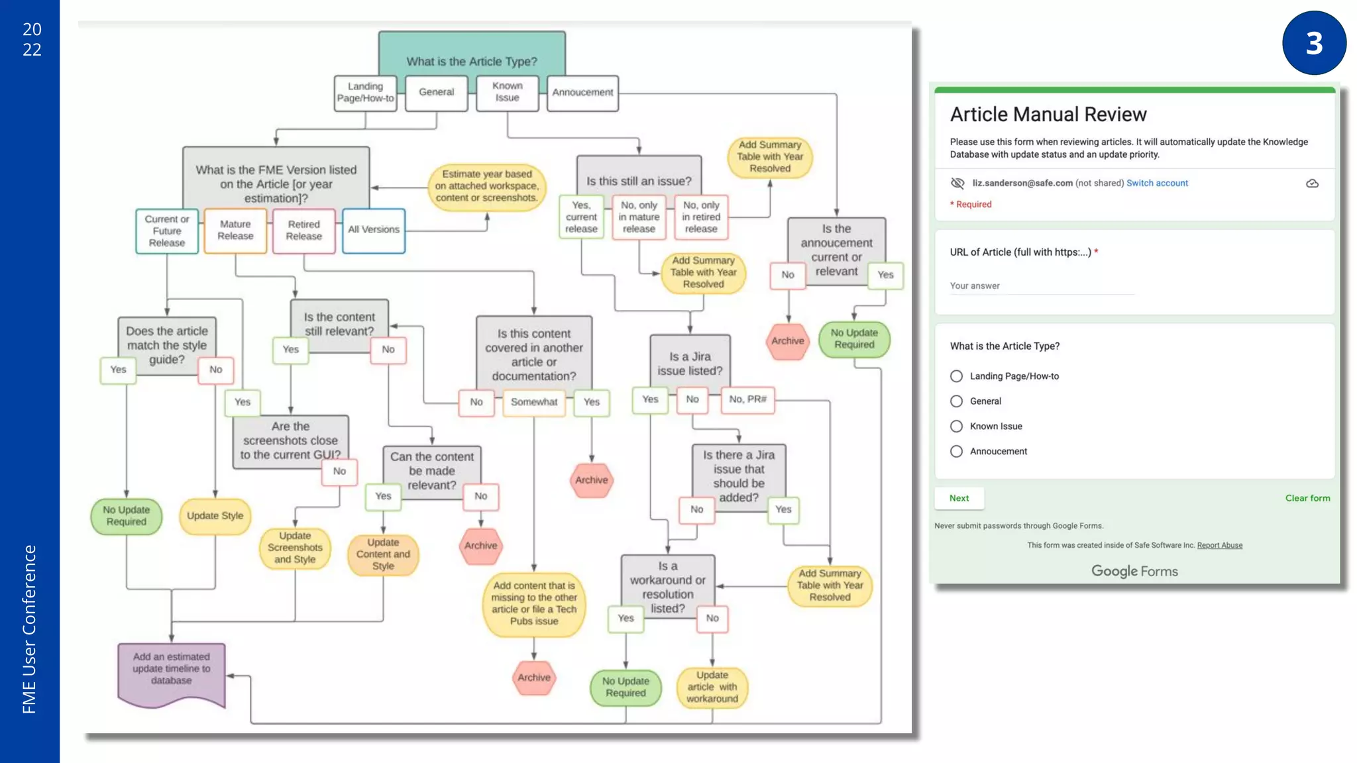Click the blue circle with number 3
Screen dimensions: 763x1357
click(x=1314, y=43)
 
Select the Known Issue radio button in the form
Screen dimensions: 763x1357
click(x=956, y=427)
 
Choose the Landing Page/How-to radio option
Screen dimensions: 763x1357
click(x=956, y=376)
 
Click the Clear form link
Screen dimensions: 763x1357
click(x=1307, y=498)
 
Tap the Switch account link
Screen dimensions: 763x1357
click(x=1157, y=183)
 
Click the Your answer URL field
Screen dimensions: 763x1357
click(x=1042, y=286)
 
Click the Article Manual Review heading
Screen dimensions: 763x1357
click(x=1048, y=115)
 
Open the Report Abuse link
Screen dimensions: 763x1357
click(x=1219, y=546)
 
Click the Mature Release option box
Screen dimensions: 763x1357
click(x=235, y=230)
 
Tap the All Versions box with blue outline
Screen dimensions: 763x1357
click(x=374, y=230)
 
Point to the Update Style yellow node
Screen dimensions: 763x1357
click(x=215, y=516)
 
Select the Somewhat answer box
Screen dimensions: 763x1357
click(x=534, y=402)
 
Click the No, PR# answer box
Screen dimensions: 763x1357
click(x=747, y=399)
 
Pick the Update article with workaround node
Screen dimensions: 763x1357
click(x=712, y=687)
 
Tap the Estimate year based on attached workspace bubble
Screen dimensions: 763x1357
click(x=486, y=186)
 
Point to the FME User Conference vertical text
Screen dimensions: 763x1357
click(x=29, y=629)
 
